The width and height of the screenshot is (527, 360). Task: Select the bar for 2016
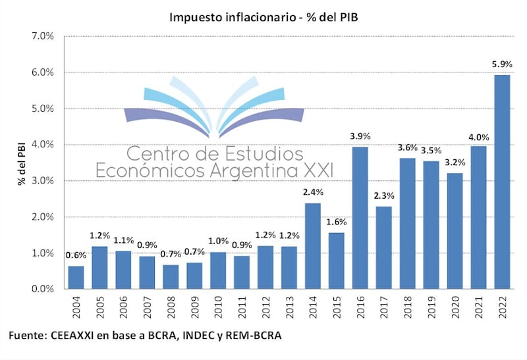pyautogui.click(x=360, y=218)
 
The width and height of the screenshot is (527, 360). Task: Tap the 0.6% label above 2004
pyautogui.click(x=76, y=255)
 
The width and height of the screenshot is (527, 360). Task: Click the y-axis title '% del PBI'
pyautogui.click(x=22, y=163)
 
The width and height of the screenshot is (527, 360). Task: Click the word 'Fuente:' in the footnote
pyautogui.click(x=27, y=336)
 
